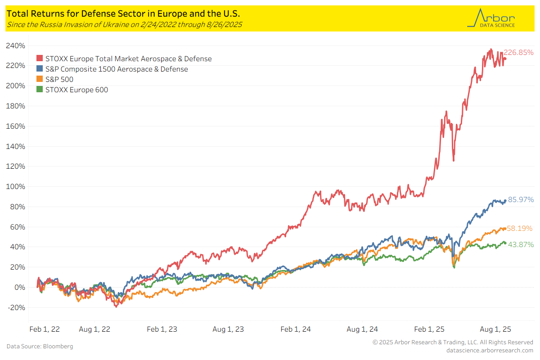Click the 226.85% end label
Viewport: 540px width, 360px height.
coord(518,52)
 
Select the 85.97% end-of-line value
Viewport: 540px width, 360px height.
coord(521,199)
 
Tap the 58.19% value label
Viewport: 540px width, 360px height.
coord(520,229)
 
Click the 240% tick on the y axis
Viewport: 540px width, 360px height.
coord(16,46)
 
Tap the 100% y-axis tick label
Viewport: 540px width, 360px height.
coord(16,187)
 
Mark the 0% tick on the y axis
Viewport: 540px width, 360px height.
coord(19,288)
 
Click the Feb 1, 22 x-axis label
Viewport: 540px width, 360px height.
coord(45,329)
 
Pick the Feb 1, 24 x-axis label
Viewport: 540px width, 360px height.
coord(296,329)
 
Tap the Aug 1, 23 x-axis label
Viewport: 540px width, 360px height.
coord(228,329)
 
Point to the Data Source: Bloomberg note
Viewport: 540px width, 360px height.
coord(40,346)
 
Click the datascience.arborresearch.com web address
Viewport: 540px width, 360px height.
coord(490,350)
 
